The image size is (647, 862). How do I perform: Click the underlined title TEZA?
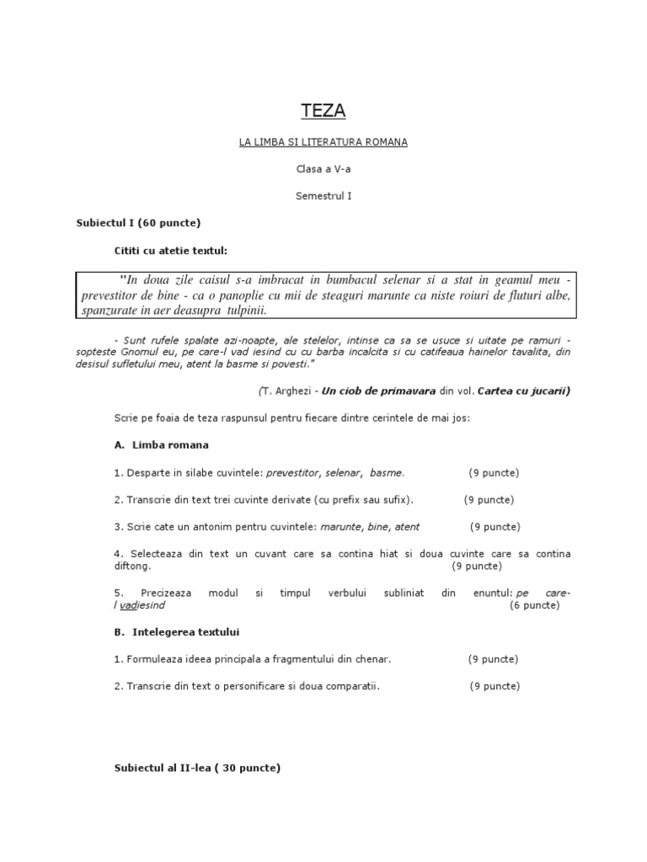click(x=323, y=110)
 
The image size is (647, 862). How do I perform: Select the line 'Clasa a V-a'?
click(x=323, y=169)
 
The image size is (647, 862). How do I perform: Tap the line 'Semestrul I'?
click(x=323, y=196)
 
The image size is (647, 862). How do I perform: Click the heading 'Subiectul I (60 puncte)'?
click(x=138, y=223)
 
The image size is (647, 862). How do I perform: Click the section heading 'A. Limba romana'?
click(x=161, y=444)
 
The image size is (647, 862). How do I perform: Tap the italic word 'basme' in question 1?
click(x=387, y=472)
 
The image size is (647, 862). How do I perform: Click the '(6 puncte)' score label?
click(x=534, y=605)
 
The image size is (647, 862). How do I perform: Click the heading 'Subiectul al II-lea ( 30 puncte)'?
click(x=197, y=769)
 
